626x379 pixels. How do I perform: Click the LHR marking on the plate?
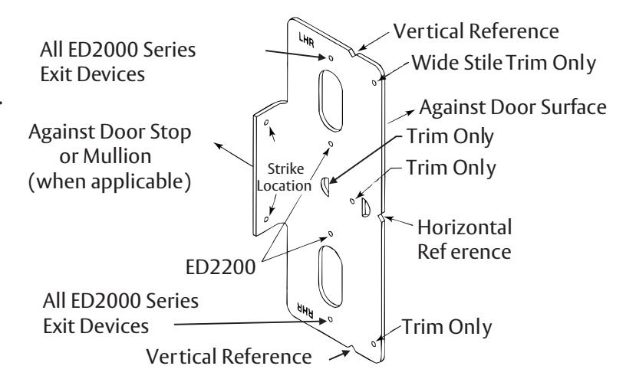[306, 40]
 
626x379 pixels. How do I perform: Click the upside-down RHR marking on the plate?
[305, 309]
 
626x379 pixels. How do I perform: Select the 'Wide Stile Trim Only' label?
[504, 63]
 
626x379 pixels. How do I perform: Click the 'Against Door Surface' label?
[512, 107]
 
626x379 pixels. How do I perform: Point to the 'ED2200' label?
[220, 266]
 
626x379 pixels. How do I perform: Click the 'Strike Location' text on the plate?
[285, 177]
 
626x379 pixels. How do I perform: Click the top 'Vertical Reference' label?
[476, 31]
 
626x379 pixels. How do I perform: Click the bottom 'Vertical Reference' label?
[229, 356]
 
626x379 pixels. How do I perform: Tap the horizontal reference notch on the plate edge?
[381, 218]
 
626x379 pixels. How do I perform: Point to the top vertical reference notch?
[354, 52]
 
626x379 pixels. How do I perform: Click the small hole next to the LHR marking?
[331, 59]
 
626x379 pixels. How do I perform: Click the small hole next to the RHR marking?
[330, 319]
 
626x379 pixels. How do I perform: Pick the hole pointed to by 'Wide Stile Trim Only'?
[374, 83]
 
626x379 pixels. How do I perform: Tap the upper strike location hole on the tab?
[266, 123]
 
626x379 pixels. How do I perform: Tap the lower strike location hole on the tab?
[266, 219]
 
